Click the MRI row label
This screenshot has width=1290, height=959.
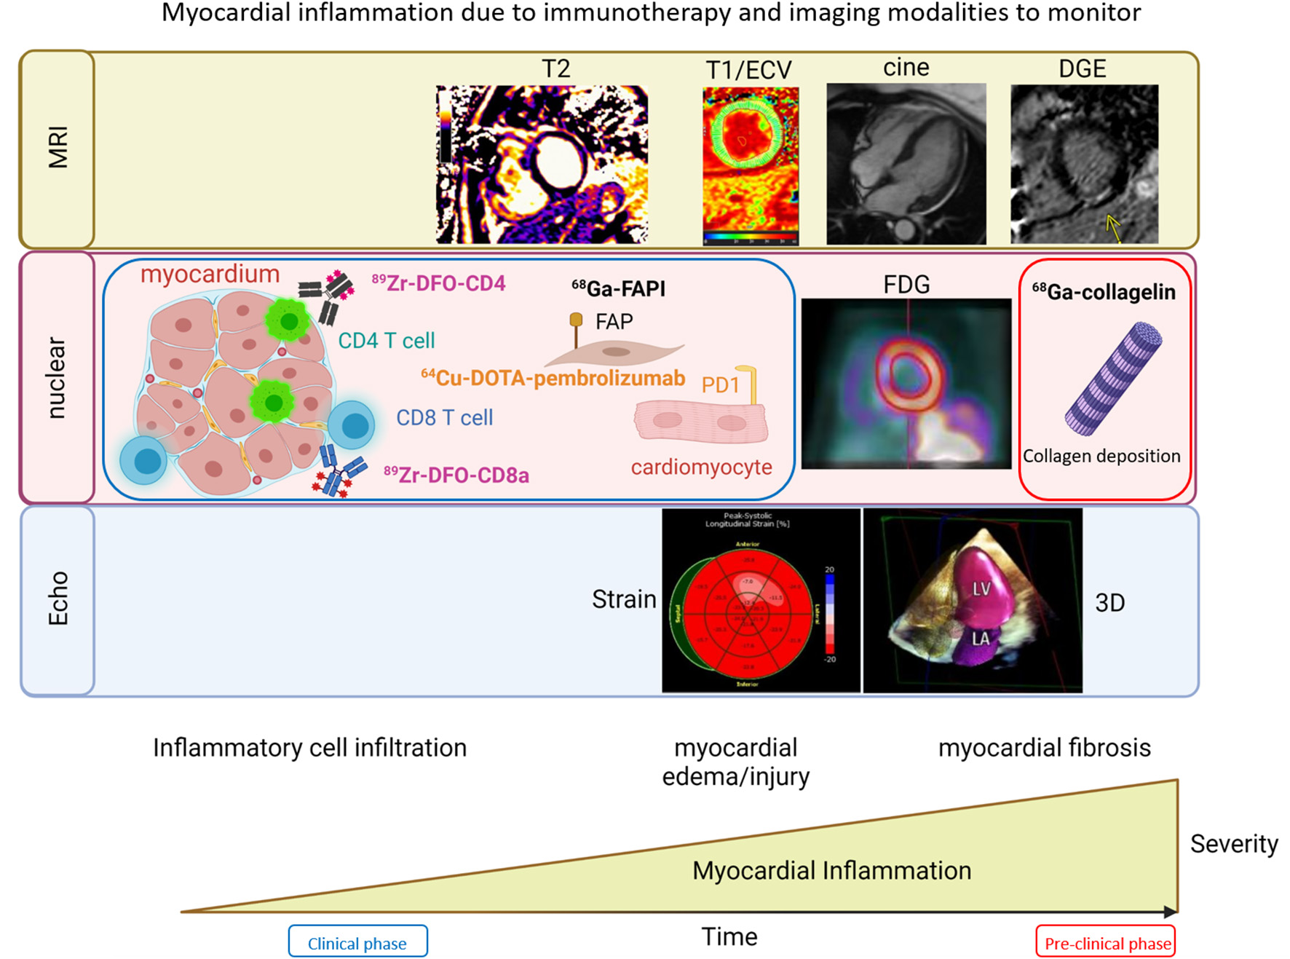coord(58,148)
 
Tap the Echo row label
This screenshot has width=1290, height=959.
coord(58,599)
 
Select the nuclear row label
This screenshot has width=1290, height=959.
coord(57,377)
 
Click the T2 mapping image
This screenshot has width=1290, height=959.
coord(542,165)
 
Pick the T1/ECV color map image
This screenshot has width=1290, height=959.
coord(750,166)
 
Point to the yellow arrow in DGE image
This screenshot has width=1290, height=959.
coord(1112,226)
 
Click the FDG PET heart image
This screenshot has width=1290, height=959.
coord(906,383)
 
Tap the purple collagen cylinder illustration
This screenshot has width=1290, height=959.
coord(1113,379)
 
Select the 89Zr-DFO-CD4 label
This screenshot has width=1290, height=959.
coord(438,283)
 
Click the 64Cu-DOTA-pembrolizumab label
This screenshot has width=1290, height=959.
coord(553,378)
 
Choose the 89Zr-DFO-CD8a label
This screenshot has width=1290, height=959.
coord(456,475)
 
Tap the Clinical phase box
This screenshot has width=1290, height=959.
coord(357,943)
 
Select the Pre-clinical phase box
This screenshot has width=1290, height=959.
coord(1106,943)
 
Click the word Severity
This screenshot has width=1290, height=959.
coord(1233,843)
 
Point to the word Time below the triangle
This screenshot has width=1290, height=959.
coord(729,936)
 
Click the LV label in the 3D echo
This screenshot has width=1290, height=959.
coord(981,588)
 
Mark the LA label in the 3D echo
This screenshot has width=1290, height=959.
coord(981,639)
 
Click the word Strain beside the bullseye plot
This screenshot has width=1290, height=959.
coord(624,599)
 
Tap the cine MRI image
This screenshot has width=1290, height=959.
coord(906,164)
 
